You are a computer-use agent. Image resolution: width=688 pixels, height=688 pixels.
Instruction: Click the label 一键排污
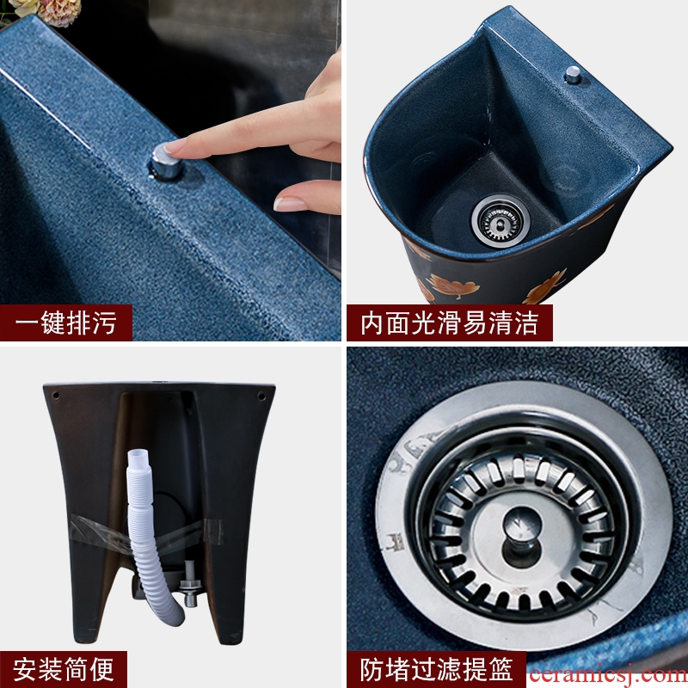(x=66, y=323)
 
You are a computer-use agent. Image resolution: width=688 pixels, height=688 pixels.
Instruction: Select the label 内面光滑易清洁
(x=449, y=323)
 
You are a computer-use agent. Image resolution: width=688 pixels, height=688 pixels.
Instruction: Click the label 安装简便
(x=63, y=670)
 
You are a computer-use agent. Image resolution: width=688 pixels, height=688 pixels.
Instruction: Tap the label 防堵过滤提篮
(x=437, y=670)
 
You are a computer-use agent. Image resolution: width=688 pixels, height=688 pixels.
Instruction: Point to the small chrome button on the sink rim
(x=572, y=75)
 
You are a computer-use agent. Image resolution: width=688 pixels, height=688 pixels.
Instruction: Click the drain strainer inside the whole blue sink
(x=501, y=219)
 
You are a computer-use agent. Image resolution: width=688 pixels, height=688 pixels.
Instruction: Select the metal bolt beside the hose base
(x=189, y=584)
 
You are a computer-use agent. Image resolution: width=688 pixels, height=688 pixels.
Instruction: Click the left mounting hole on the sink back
(x=56, y=396)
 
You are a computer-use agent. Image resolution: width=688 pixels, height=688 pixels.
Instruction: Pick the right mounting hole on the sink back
(x=261, y=396)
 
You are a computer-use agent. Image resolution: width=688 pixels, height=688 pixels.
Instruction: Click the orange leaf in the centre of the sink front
(x=454, y=287)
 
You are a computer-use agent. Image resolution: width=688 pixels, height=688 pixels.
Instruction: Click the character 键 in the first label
(x=53, y=323)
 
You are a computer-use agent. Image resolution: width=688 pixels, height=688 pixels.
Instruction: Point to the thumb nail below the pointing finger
(x=290, y=204)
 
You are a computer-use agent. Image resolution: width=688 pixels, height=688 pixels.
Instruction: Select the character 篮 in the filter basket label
(x=501, y=670)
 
